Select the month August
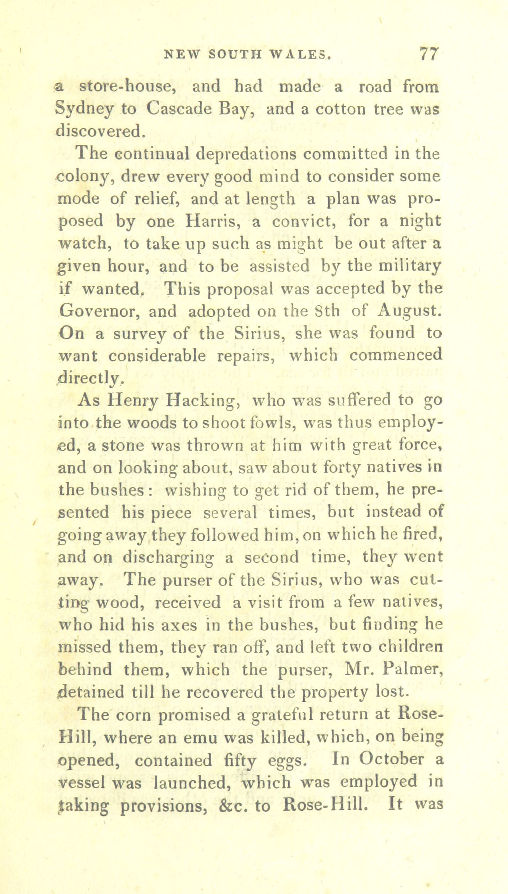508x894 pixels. (409, 311)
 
